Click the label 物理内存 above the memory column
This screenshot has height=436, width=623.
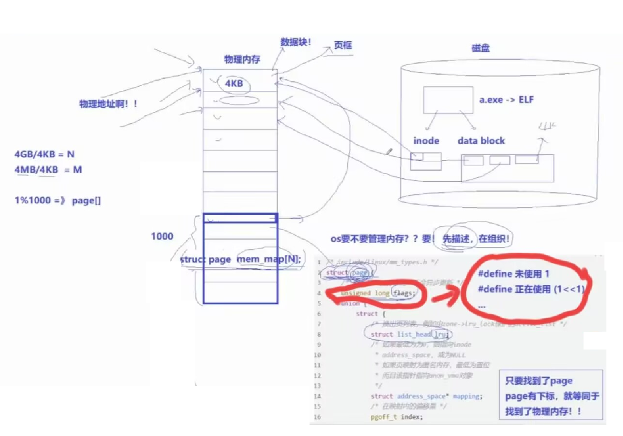[x=242, y=59]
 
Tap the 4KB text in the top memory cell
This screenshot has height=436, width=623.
[x=234, y=83]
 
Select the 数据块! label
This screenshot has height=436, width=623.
[x=296, y=42]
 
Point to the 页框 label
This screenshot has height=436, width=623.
[x=343, y=45]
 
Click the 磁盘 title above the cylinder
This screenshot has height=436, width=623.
[x=480, y=48]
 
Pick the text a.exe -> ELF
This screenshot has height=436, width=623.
[x=506, y=100]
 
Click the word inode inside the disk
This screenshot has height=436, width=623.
[x=426, y=141]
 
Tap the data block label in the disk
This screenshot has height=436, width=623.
[x=481, y=141]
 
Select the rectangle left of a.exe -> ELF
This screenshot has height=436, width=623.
[x=448, y=100]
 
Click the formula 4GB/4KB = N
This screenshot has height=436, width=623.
[x=44, y=154]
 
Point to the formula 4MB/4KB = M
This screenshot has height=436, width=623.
[x=48, y=170]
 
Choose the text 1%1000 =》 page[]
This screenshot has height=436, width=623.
[x=58, y=200]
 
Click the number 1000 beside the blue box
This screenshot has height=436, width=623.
[x=162, y=236]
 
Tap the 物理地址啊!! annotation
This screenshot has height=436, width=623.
[x=108, y=104]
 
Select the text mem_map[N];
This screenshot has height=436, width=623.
[x=269, y=259]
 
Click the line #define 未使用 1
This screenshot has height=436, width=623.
[x=513, y=274]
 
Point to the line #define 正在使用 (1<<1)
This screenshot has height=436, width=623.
[x=531, y=289]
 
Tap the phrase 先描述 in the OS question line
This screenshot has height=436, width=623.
[x=456, y=239]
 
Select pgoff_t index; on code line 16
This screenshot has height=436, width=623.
[x=396, y=417]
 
